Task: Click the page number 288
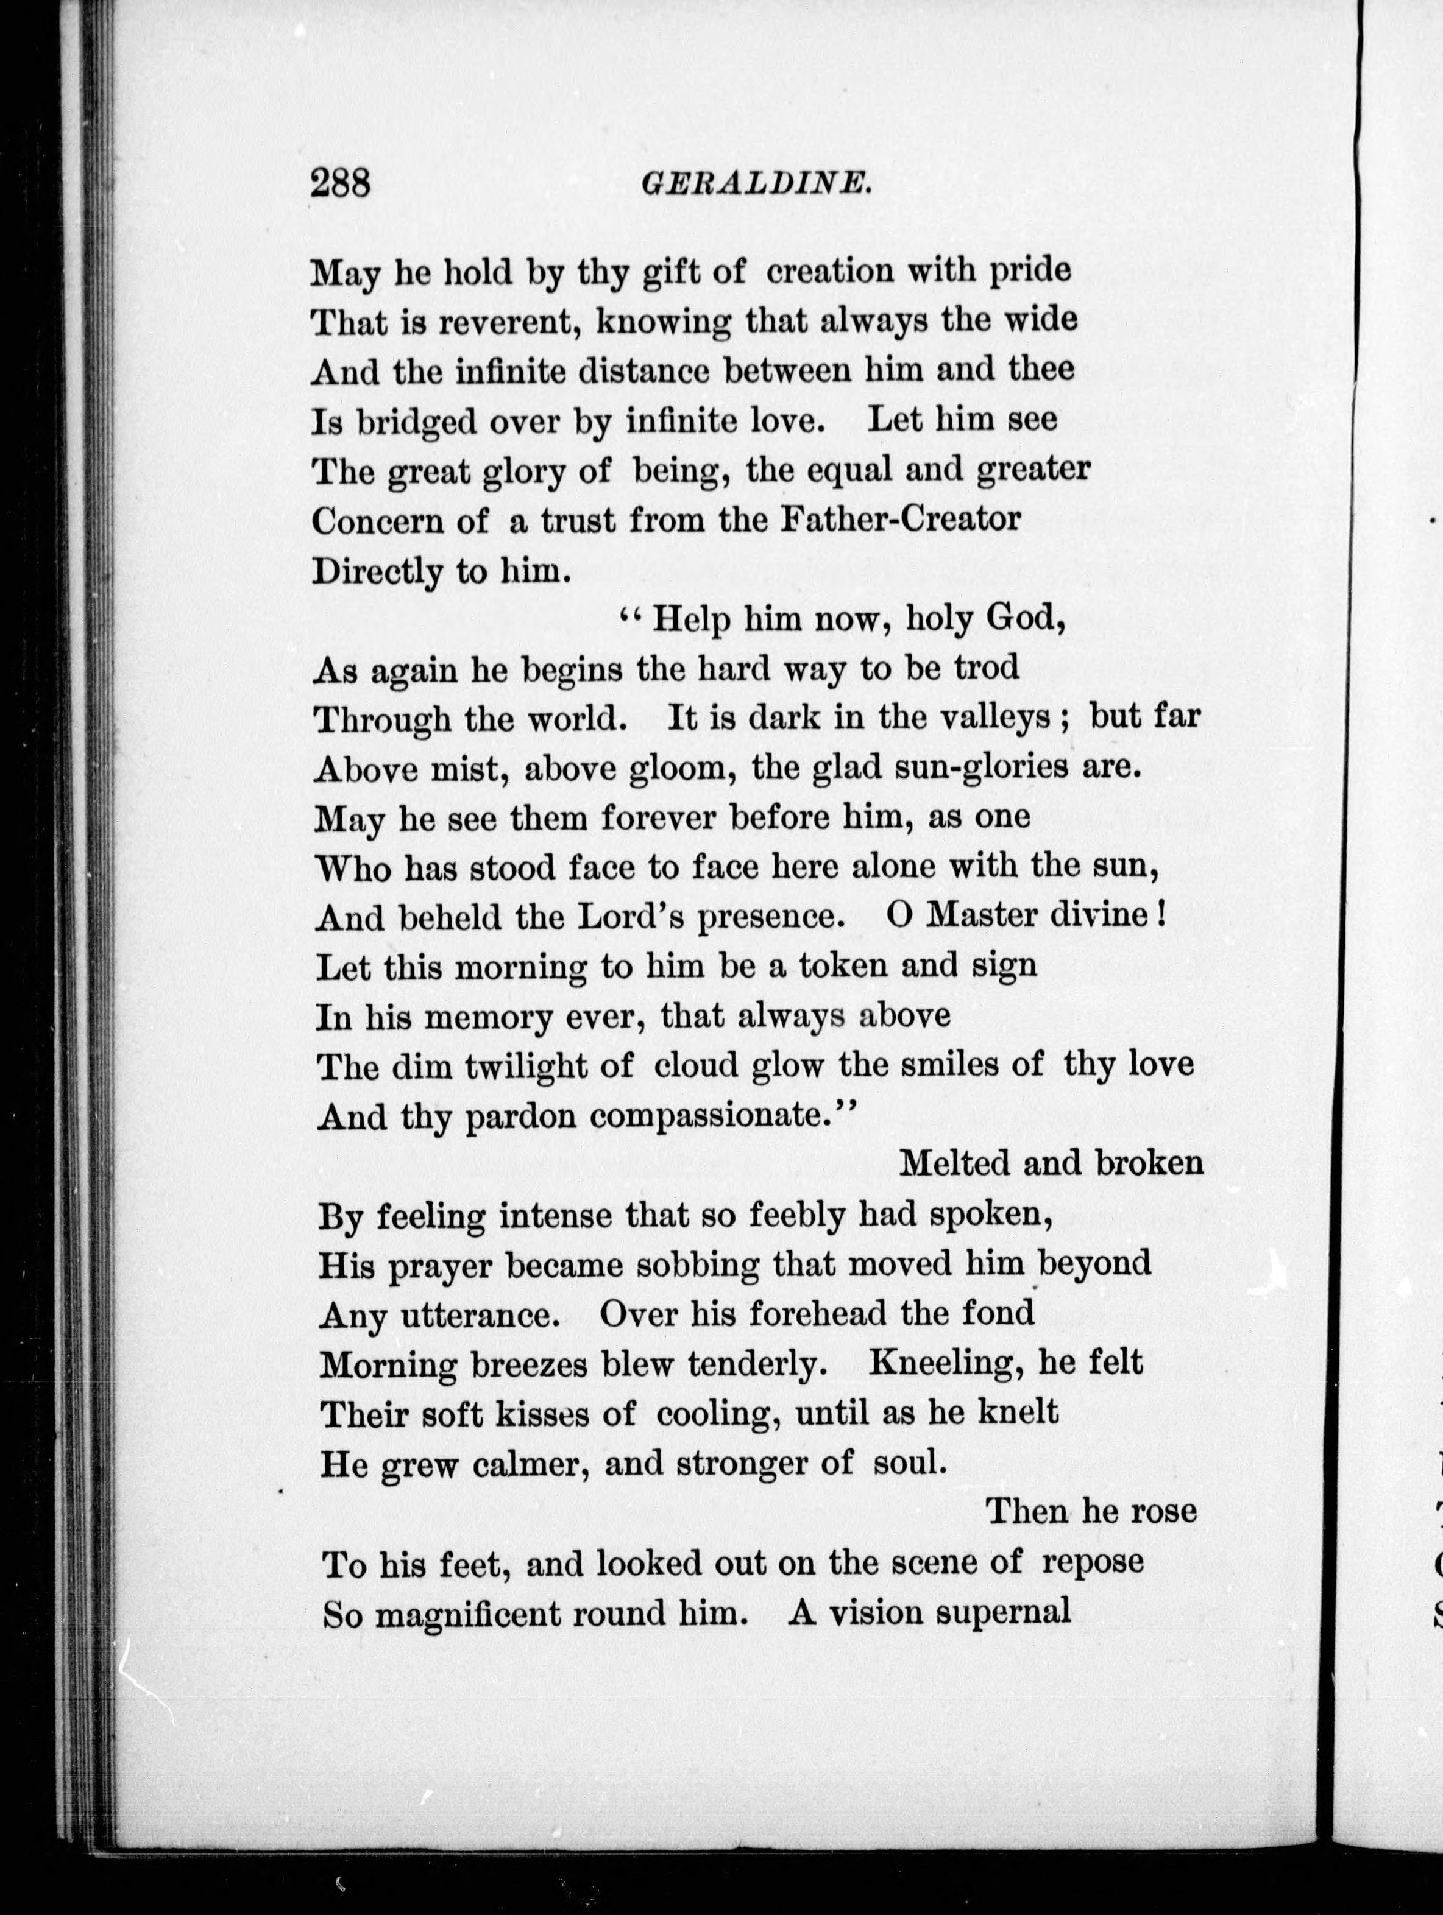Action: (341, 183)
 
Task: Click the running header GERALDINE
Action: (756, 183)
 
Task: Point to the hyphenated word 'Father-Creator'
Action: (901, 520)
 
